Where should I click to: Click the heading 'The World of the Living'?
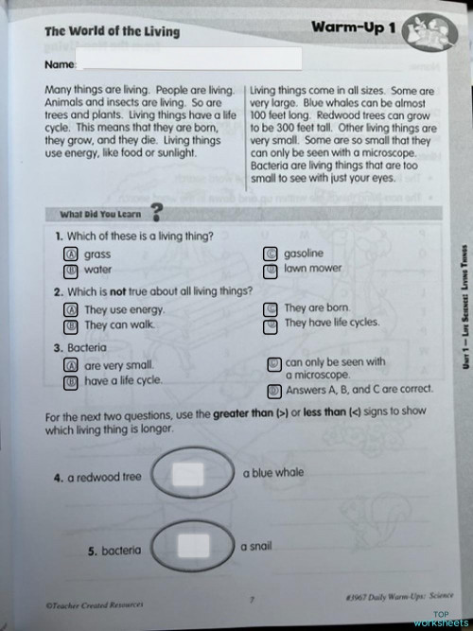point(112,31)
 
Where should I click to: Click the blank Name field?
point(190,62)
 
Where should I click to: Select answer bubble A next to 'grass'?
point(69,254)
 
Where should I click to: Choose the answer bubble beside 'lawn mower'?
point(271,268)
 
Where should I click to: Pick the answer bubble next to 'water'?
point(69,270)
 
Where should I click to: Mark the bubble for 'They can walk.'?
point(69,325)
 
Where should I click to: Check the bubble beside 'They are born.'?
point(271,308)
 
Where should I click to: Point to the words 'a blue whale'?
point(273,471)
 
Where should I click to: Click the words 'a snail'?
point(256,546)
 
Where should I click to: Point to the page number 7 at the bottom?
point(251,598)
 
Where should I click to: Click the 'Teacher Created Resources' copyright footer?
point(92,602)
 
